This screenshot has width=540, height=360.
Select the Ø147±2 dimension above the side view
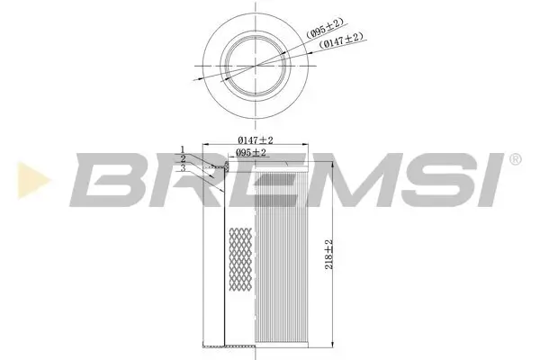pos(256,139)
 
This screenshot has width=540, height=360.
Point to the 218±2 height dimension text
pos(330,255)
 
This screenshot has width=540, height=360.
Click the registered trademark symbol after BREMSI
pos(515,159)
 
